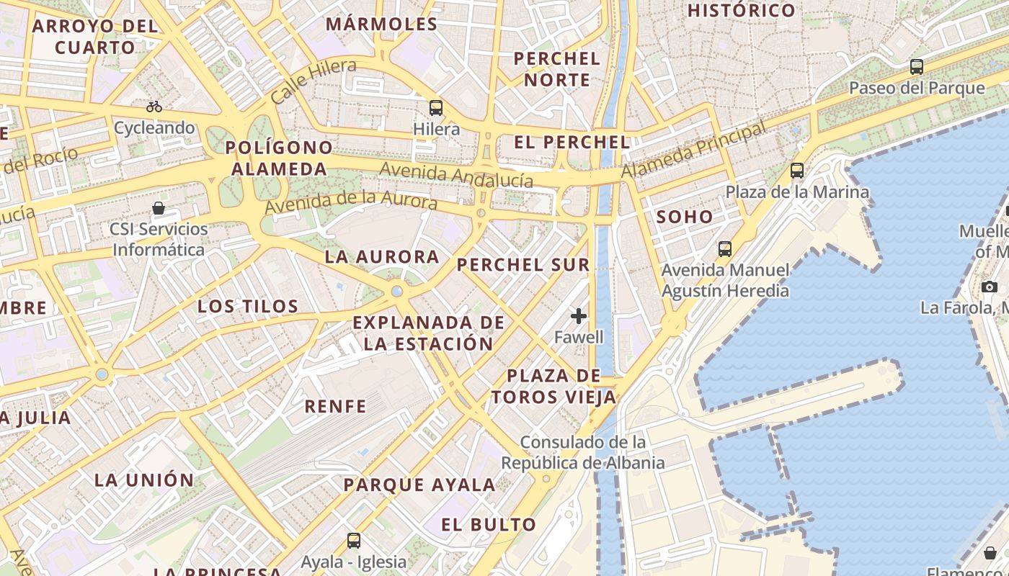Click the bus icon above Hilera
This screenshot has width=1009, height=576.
pos(436,108)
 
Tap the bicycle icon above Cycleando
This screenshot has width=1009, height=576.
pos(154,107)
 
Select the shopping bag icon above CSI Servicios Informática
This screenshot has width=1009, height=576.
pos(159,208)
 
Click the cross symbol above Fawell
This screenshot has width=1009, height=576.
pos(579,315)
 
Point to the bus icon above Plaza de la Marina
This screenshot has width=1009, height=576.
pos(797,171)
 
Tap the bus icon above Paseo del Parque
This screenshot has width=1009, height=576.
pos(917,67)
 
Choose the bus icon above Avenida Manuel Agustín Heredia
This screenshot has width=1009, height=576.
pos(725,249)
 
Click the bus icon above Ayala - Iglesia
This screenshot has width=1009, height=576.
pos(354,540)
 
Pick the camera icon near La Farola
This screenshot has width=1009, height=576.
pos(990,287)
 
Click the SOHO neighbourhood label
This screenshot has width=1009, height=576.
pos(685,217)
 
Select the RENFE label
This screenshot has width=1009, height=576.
pos(336,406)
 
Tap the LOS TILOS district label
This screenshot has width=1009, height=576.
pos(248,307)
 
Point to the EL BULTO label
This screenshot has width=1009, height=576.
pos(489,524)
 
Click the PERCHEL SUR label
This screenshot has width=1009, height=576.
pos(523,265)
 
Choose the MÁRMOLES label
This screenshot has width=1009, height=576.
pos(381,24)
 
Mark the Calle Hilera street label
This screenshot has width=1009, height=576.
pos(314,81)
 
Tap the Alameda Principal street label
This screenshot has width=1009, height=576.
pos(693,150)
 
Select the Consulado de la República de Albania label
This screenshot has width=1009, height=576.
pos(583,452)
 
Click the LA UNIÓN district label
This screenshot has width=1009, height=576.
pos(144,480)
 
